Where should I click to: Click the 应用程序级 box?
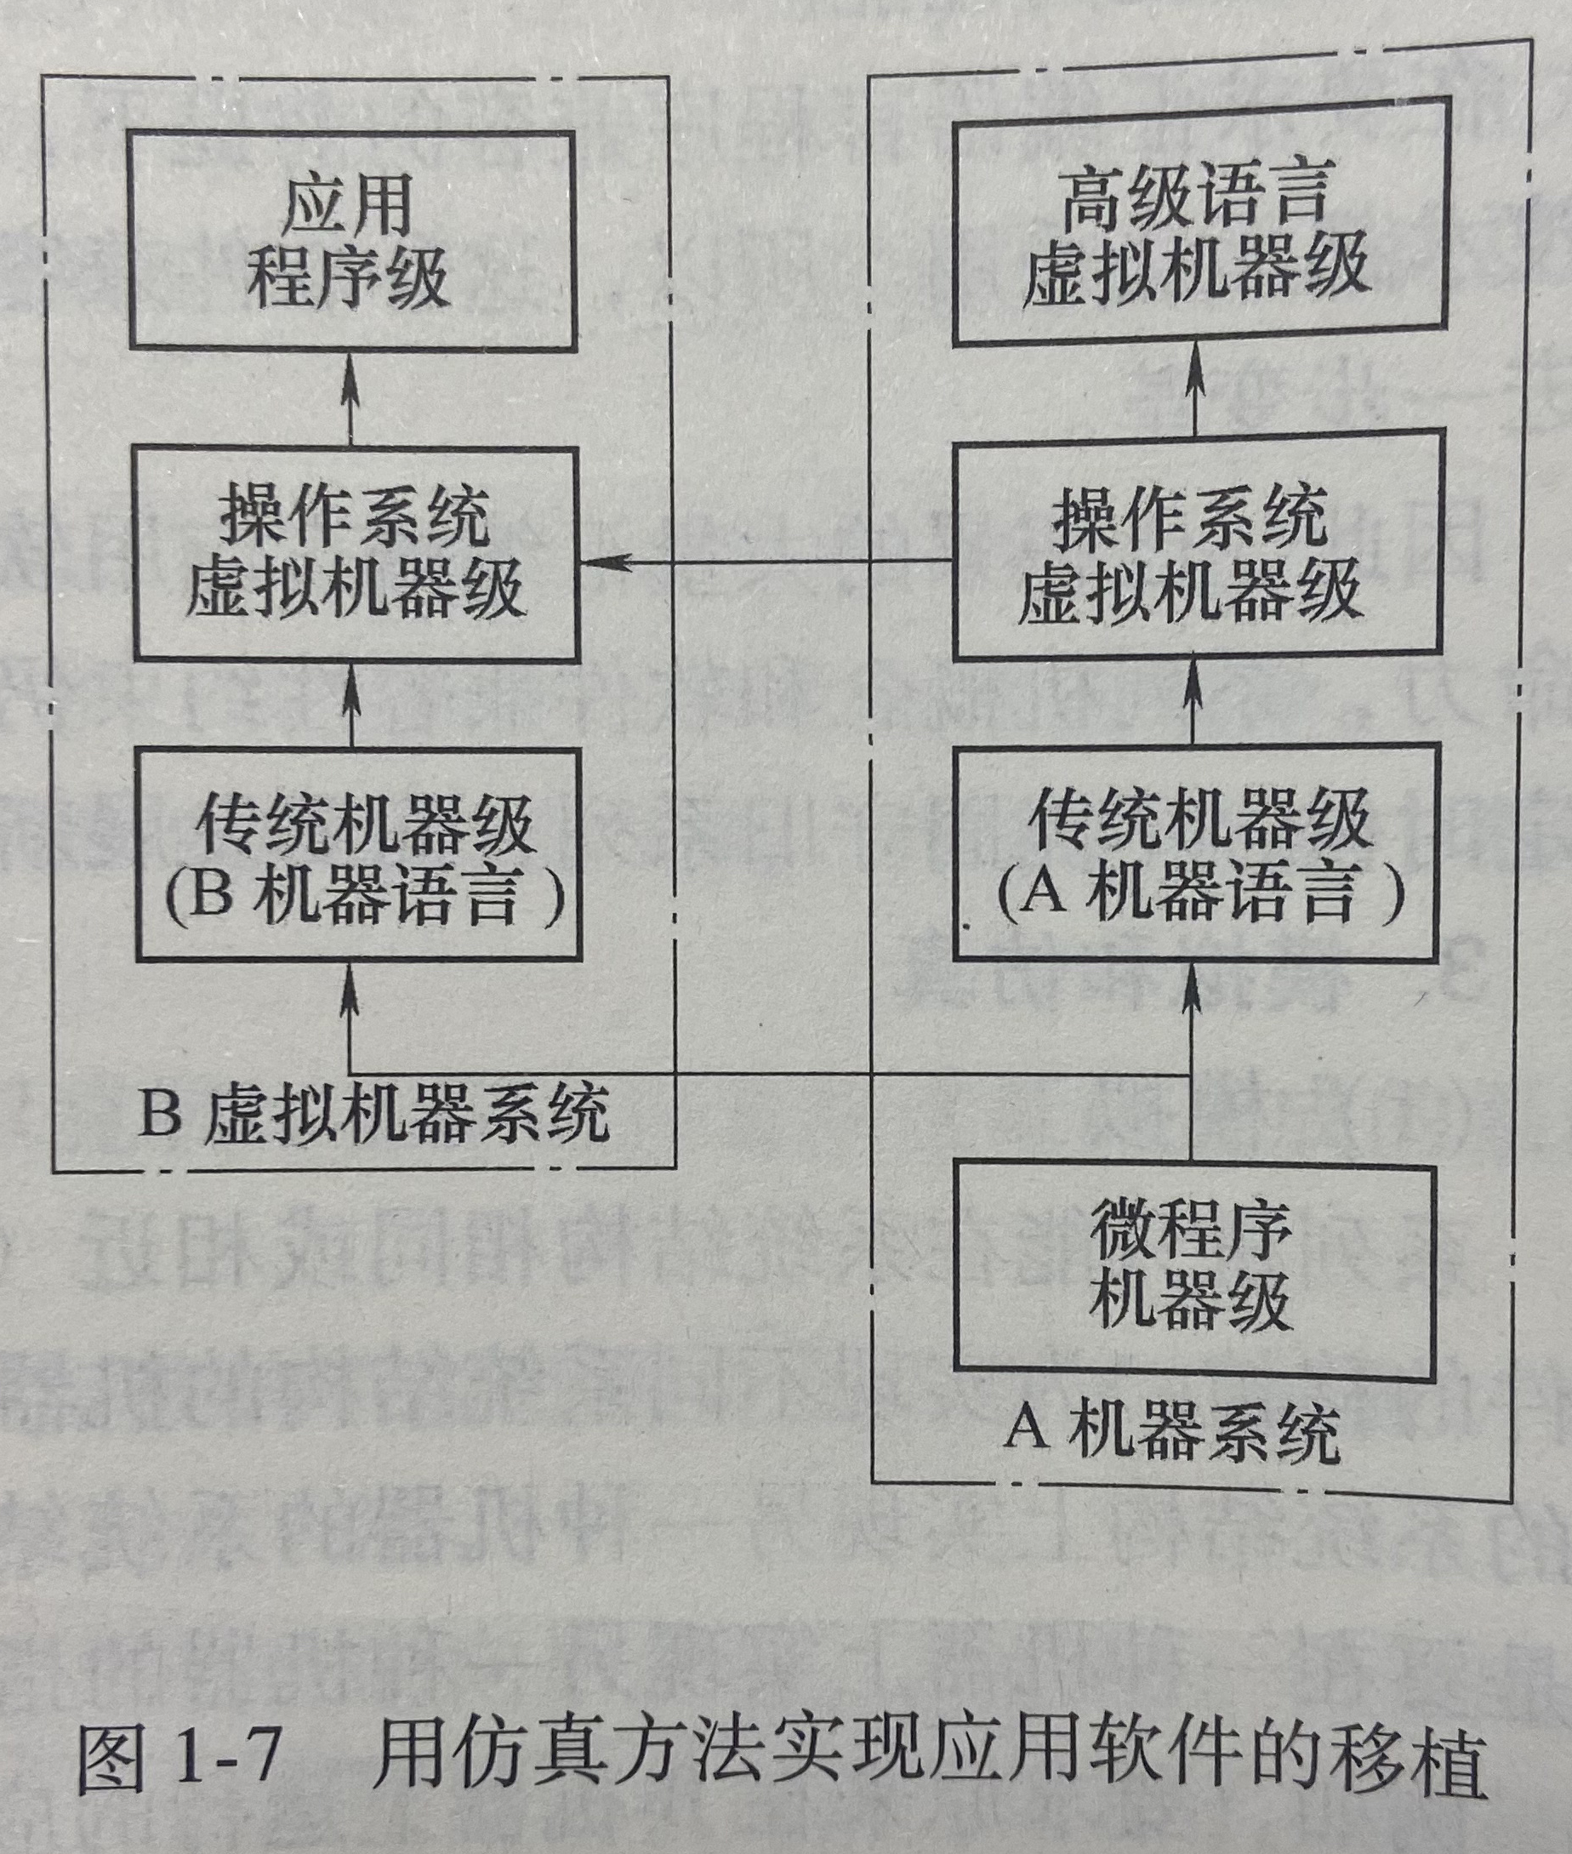click(352, 241)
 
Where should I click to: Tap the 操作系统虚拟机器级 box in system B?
click(356, 555)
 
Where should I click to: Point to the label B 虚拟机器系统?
click(374, 1114)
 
